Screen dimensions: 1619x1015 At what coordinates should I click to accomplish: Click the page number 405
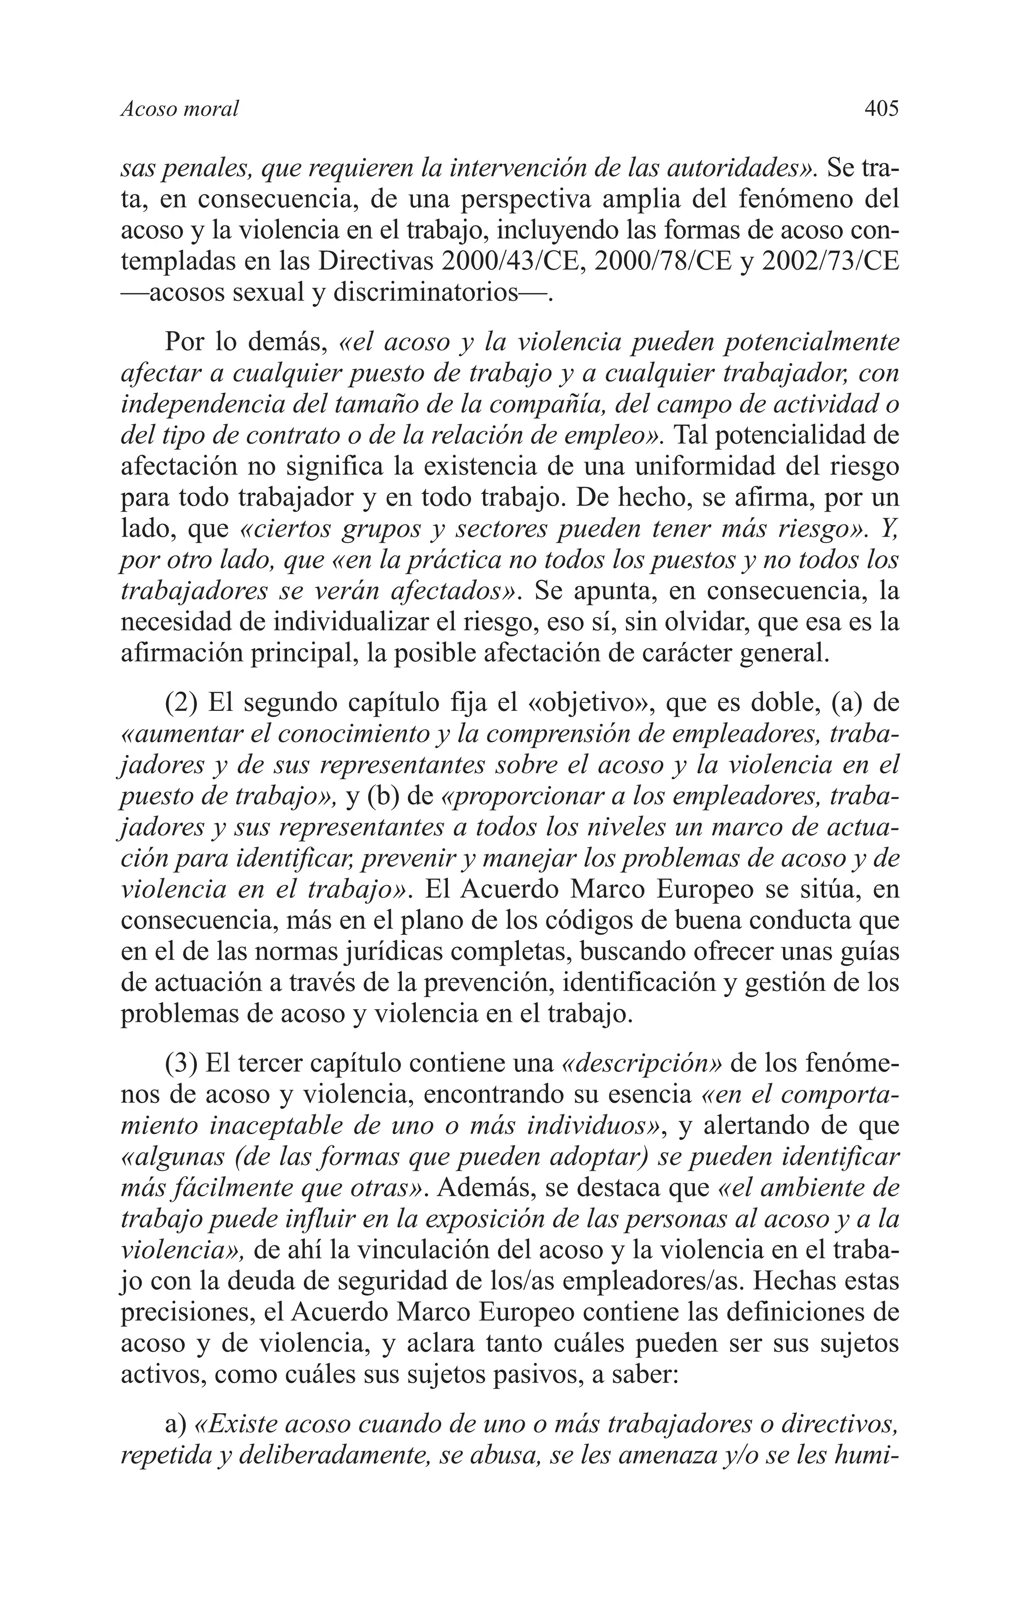click(x=881, y=108)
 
